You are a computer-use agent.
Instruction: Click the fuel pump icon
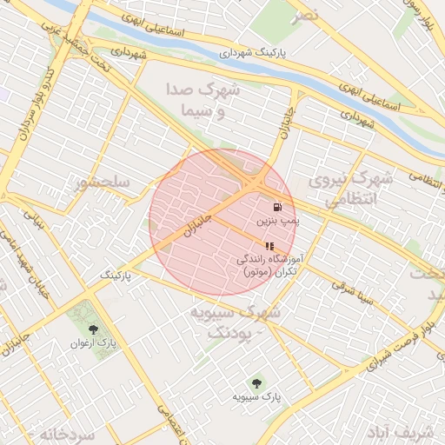point(277,208)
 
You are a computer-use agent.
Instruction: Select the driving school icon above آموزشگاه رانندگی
point(269,246)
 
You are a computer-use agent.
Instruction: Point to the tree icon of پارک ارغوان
point(94,329)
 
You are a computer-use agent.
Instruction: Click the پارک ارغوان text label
point(93,343)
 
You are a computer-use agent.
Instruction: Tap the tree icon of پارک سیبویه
point(256,382)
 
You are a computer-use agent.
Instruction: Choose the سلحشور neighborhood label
point(103,183)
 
